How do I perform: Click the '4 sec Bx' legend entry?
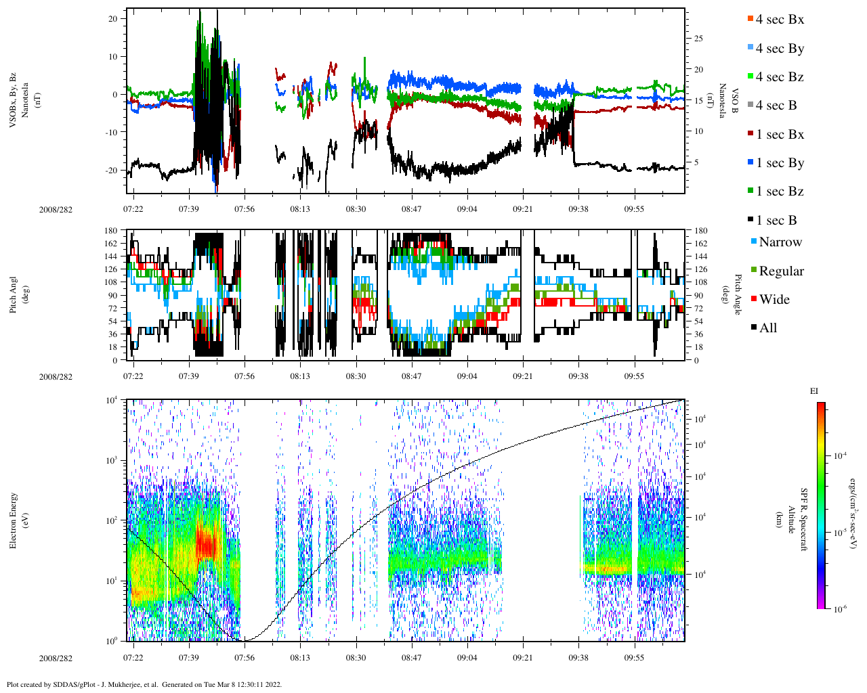tap(780, 20)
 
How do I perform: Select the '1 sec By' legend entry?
tap(780, 163)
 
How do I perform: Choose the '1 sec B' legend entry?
tap(776, 221)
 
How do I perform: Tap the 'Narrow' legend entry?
tap(780, 242)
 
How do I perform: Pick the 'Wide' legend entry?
tap(774, 300)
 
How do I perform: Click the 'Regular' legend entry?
tap(781, 271)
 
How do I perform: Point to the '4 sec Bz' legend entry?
tap(780, 77)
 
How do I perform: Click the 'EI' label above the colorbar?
tap(814, 391)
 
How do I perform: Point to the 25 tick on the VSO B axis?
tap(698, 39)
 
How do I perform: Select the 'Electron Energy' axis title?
tap(14, 520)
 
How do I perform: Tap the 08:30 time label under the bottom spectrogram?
tap(356, 658)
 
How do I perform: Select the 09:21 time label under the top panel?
tap(522, 209)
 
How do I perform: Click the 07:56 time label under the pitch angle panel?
tap(245, 376)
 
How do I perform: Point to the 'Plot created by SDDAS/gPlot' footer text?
tap(144, 684)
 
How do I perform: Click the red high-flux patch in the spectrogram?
tap(205, 541)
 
